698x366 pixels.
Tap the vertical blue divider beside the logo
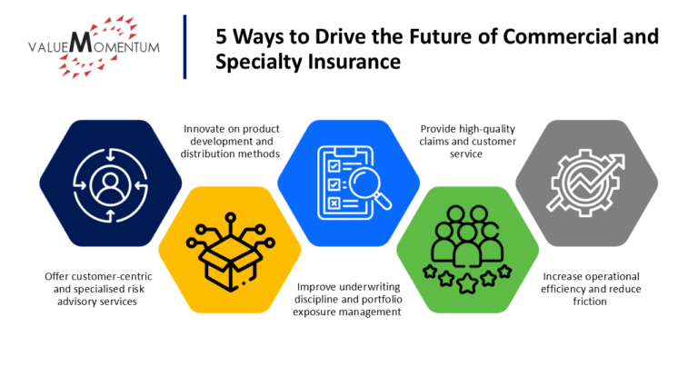(184, 45)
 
